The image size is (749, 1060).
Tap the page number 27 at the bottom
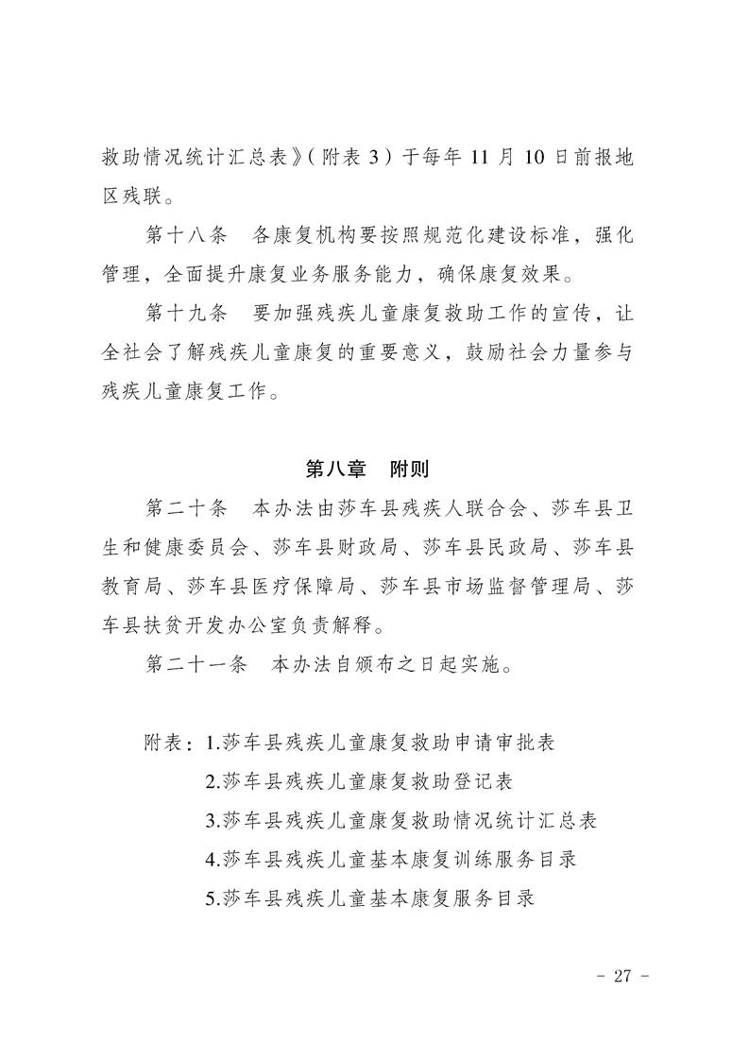621,976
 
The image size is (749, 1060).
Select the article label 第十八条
185,235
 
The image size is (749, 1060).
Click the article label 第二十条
185,508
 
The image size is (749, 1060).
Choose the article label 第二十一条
196,664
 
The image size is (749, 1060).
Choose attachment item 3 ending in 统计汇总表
401,820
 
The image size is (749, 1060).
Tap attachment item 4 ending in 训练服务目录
391,859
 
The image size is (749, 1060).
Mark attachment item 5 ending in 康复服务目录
369,898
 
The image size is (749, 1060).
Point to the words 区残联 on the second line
128,197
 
